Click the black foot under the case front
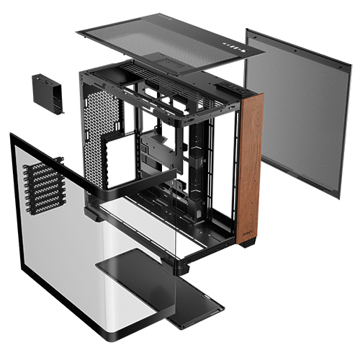point(248,243)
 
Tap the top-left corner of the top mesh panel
point(77,32)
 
